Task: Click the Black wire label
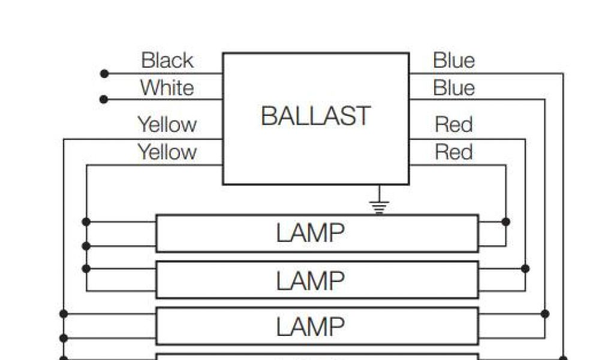(x=167, y=61)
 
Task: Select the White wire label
(x=167, y=88)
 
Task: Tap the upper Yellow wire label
(x=167, y=125)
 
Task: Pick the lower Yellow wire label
(x=167, y=152)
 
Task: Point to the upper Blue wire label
(x=454, y=61)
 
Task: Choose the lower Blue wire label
(x=454, y=88)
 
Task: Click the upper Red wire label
(x=454, y=125)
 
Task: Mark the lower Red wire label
(x=454, y=152)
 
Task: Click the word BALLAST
(x=316, y=116)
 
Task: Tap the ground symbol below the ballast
(x=379, y=206)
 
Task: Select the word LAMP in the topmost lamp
(x=311, y=233)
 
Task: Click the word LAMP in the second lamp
(x=311, y=280)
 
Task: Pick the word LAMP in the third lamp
(x=311, y=327)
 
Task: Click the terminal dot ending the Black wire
(x=104, y=74)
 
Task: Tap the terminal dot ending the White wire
(x=104, y=99)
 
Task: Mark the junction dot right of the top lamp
(x=505, y=222)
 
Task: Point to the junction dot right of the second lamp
(x=525, y=268)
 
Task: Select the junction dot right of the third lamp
(x=544, y=314)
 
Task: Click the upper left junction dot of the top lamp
(x=86, y=222)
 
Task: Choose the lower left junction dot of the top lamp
(x=86, y=246)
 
